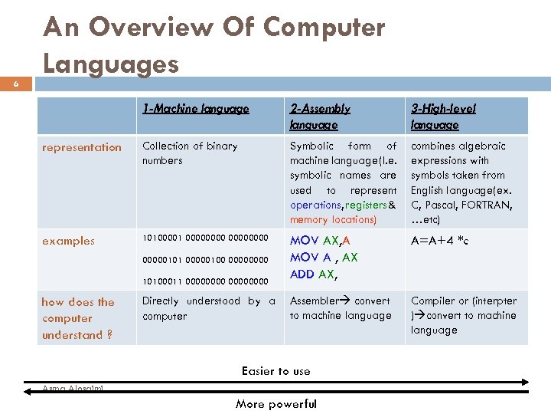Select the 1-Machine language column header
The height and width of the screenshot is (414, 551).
click(195, 109)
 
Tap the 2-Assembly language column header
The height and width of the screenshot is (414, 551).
click(320, 117)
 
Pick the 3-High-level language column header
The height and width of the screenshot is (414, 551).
click(443, 117)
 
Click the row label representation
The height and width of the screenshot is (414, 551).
click(82, 147)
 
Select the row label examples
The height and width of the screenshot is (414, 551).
click(69, 241)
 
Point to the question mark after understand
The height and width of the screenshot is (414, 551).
click(110, 335)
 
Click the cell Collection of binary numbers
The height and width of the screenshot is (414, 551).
click(190, 153)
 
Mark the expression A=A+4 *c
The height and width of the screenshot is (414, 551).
click(440, 241)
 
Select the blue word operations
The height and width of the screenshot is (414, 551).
click(315, 205)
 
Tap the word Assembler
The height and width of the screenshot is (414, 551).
click(314, 301)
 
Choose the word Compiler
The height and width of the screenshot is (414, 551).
click(434, 301)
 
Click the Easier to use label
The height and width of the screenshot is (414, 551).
click(275, 371)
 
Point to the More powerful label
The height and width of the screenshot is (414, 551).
click(275, 404)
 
